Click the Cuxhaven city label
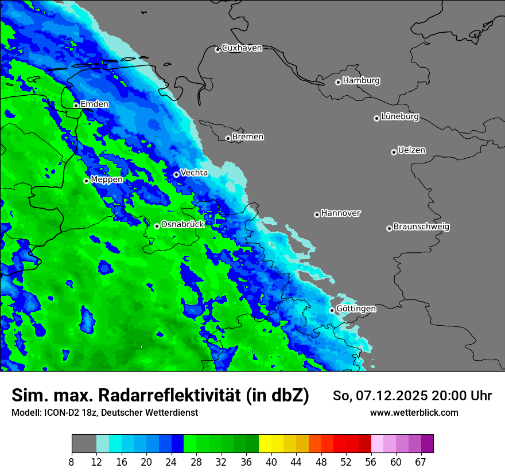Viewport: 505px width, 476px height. [242, 48]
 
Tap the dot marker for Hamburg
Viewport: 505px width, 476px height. [338, 82]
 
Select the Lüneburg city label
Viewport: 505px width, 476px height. [400, 116]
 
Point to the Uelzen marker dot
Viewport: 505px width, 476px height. [394, 152]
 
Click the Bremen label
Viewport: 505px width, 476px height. [248, 137]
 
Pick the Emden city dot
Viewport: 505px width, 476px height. [76, 106]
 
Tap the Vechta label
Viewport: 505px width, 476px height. [194, 173]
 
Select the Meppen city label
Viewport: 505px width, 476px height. [107, 180]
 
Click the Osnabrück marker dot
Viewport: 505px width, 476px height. [157, 226]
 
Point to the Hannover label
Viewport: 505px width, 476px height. [341, 213]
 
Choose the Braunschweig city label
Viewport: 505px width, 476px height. [421, 227]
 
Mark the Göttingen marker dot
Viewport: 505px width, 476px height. [332, 310]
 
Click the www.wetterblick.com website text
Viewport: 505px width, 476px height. [414, 413]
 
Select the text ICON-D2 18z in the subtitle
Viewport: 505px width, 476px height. [64, 413]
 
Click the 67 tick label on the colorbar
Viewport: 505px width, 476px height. [421, 461]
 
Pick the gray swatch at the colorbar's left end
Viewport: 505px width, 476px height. [84, 443]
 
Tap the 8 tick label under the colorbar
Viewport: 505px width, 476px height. [72, 461]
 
